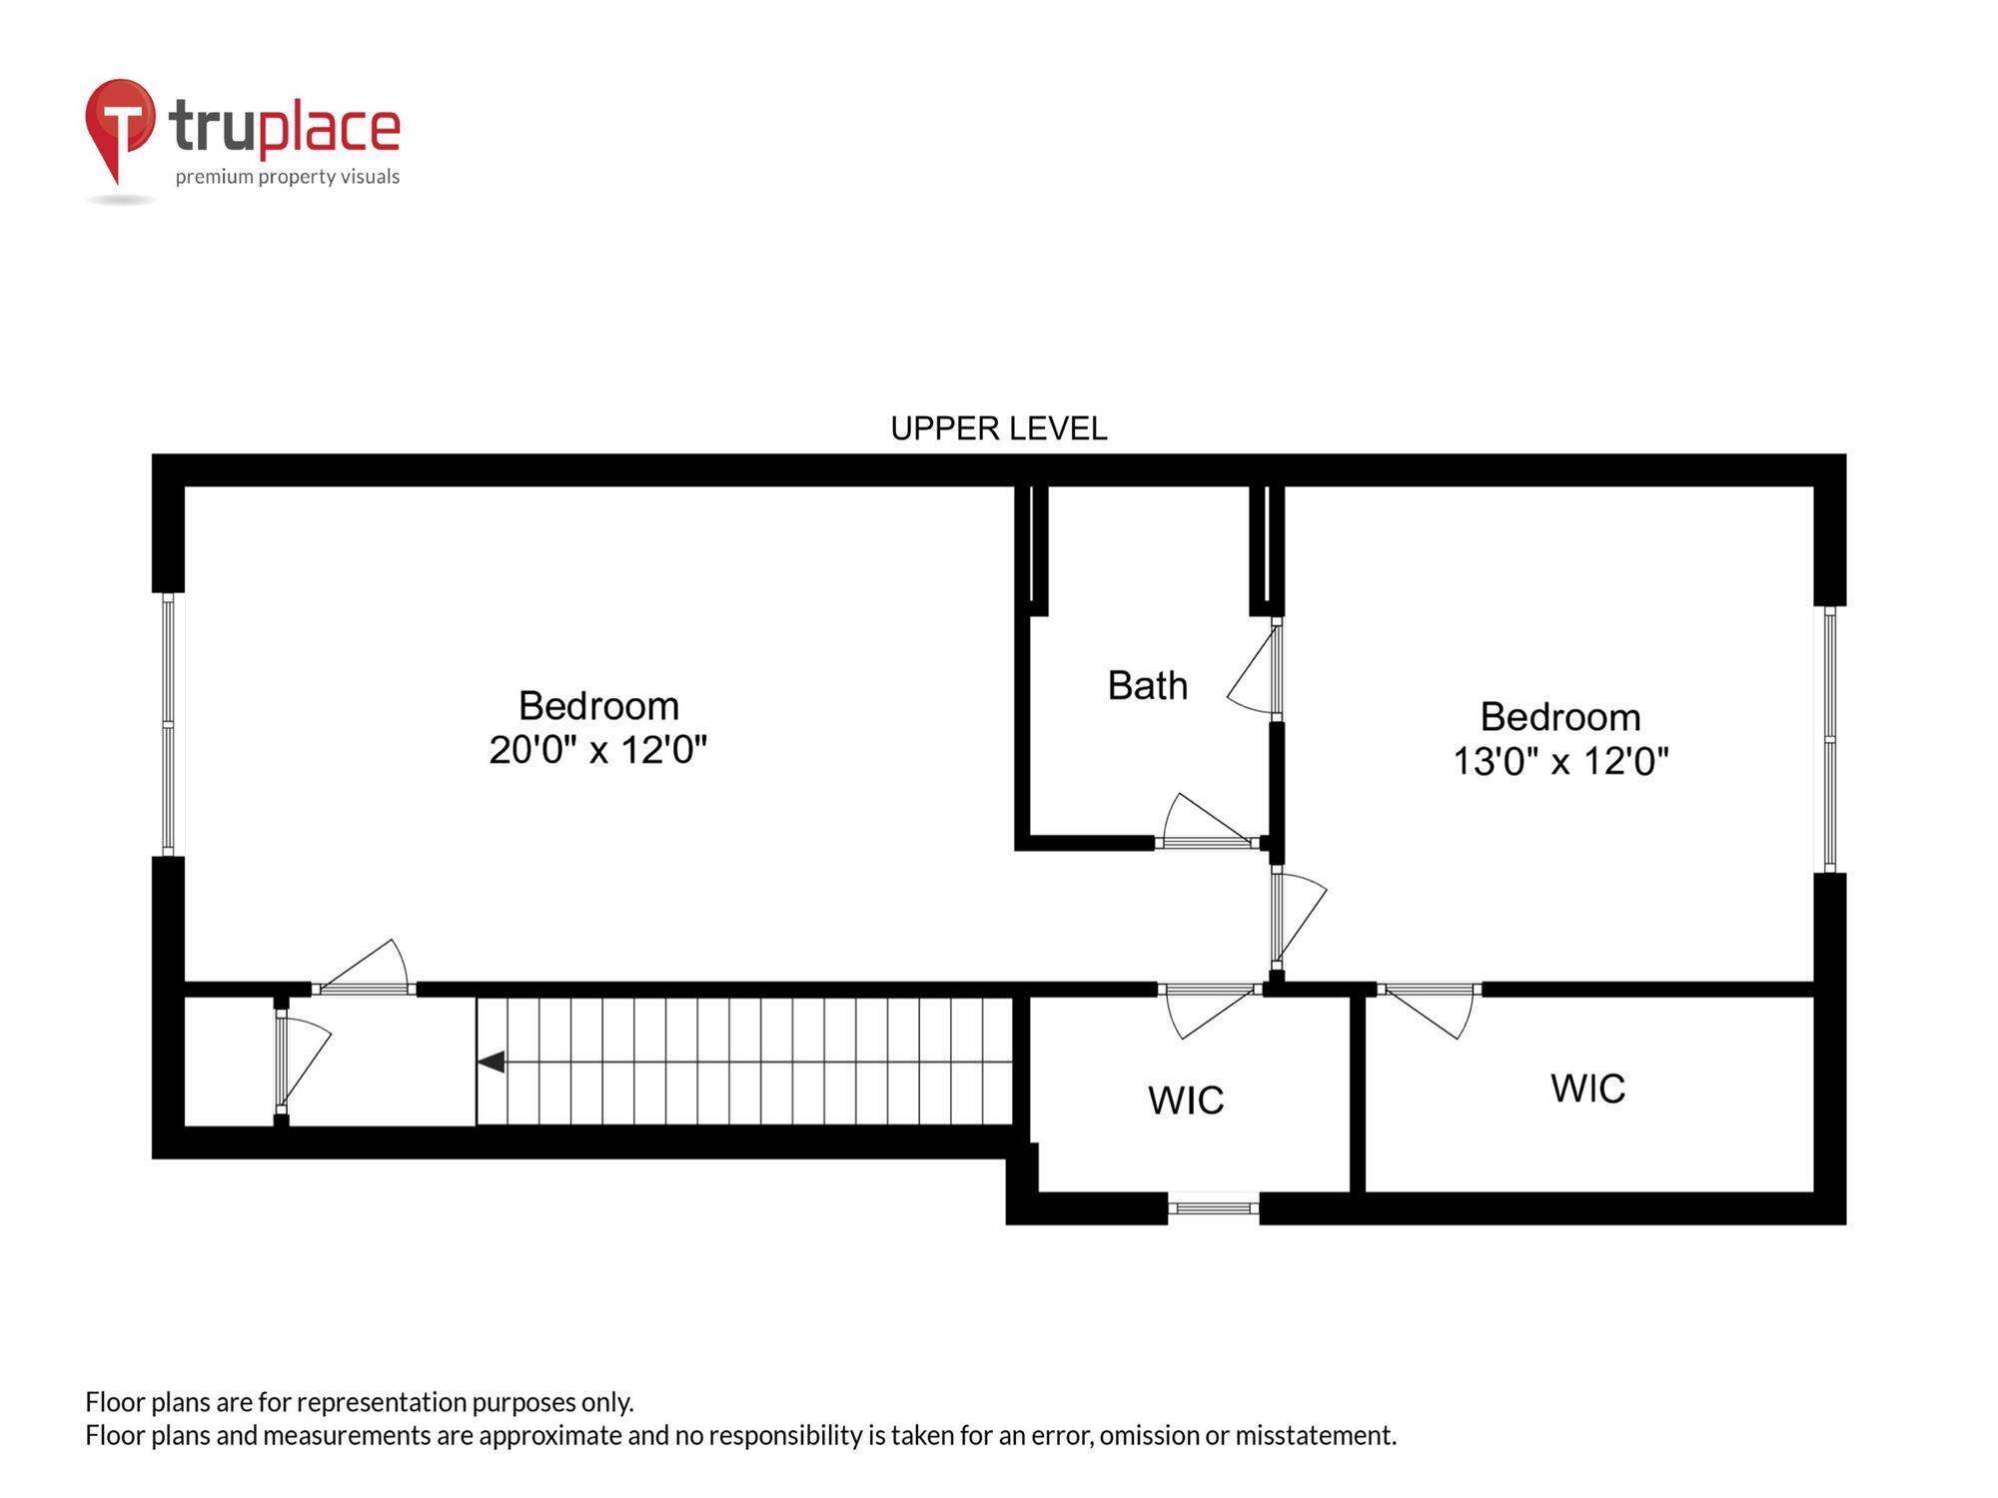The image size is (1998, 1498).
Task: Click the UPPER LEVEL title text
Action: pyautogui.click(x=998, y=428)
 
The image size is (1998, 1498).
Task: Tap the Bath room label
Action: pyautogui.click(x=1147, y=686)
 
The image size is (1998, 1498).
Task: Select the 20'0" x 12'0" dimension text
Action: pyautogui.click(x=597, y=749)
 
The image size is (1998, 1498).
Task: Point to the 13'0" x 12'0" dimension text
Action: pyautogui.click(x=1559, y=761)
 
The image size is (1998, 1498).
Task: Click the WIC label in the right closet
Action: pyautogui.click(x=1587, y=1089)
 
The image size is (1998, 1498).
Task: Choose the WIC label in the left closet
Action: pyautogui.click(x=1186, y=1101)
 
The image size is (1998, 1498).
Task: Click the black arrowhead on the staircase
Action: pyautogui.click(x=491, y=1062)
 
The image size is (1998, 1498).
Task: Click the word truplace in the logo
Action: pyautogui.click(x=285, y=128)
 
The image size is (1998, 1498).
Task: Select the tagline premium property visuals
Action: pyautogui.click(x=288, y=177)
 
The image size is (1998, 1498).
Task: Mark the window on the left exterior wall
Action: pyautogui.click(x=168, y=724)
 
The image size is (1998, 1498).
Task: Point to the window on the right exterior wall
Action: pyautogui.click(x=1829, y=739)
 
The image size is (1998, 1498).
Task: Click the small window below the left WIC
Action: pyautogui.click(x=1213, y=1208)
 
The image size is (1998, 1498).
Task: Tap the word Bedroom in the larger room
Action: pyautogui.click(x=598, y=706)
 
